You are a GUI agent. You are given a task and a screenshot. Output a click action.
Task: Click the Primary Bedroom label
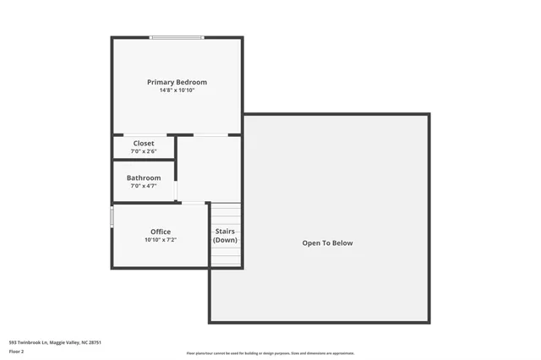point(177,82)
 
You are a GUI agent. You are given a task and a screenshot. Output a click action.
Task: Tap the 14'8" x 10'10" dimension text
point(177,90)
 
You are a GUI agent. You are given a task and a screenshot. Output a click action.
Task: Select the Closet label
point(144,144)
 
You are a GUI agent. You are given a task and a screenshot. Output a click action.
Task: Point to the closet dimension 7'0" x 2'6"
point(144,151)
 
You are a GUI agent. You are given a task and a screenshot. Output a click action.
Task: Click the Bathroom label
point(144,177)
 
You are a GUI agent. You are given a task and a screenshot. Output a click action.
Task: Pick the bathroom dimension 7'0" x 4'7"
point(144,185)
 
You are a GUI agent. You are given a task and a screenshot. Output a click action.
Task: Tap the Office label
point(161,232)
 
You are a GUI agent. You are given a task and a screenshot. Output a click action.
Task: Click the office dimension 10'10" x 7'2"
point(161,239)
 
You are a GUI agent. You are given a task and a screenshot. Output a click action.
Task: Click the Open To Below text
point(328,243)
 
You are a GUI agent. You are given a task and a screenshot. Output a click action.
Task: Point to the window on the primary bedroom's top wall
point(177,37)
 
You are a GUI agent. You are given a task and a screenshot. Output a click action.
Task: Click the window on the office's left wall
point(112,217)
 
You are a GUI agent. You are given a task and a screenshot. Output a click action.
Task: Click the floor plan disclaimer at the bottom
point(270,353)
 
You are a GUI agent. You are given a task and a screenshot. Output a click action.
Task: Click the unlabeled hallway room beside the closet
point(209,168)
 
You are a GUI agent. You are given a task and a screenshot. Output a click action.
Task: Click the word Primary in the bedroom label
point(161,82)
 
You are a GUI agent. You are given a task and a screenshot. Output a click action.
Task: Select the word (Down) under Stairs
point(225,240)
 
